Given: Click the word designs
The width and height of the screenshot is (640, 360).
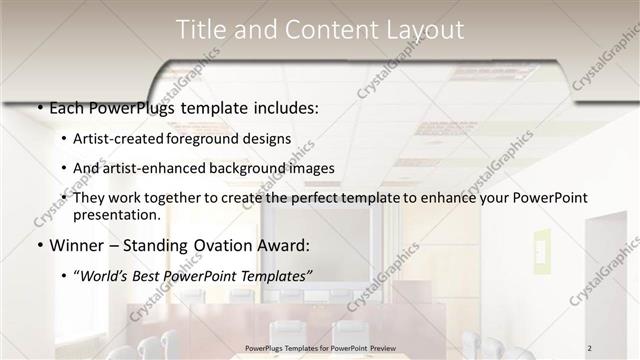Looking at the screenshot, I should [x=268, y=139].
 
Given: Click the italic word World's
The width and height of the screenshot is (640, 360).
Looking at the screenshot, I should [x=105, y=274].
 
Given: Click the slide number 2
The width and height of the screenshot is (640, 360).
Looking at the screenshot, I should [x=618, y=347].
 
